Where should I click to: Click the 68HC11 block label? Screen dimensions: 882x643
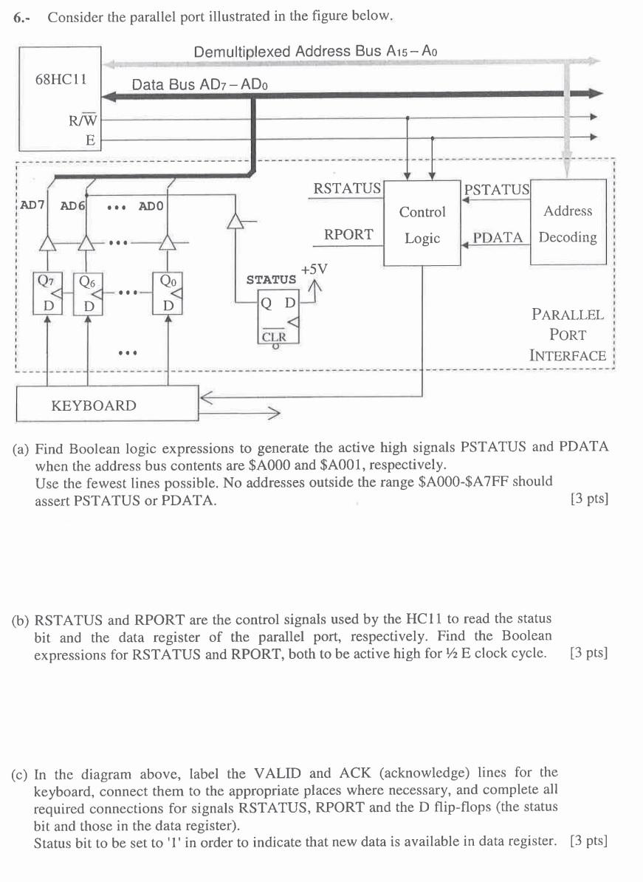[x=61, y=79]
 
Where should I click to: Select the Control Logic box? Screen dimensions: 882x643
[x=422, y=225]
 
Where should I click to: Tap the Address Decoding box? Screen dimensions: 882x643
[x=568, y=224]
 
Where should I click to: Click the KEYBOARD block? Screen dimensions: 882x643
[x=94, y=406]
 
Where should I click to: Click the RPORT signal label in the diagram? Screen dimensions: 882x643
[x=348, y=234]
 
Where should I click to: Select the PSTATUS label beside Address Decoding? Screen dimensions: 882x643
[x=497, y=190]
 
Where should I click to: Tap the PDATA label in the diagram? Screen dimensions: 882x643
[x=498, y=237]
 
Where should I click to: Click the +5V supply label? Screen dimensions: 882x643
[x=314, y=270]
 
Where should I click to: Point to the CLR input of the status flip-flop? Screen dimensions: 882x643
[x=274, y=335]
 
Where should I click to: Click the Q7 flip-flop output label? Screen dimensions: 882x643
[x=46, y=281]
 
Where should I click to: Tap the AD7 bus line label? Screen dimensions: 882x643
[x=32, y=205]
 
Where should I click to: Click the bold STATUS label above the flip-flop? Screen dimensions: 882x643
[x=271, y=279]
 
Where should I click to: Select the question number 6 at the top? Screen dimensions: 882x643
[x=21, y=17]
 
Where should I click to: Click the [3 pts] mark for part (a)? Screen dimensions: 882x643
[x=589, y=499]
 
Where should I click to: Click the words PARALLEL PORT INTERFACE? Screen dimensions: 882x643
[x=568, y=335]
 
